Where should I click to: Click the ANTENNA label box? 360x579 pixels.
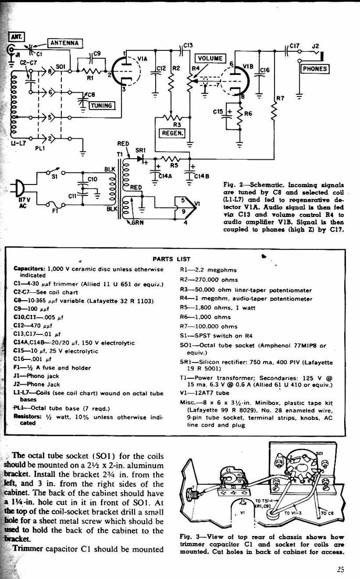tap(64, 43)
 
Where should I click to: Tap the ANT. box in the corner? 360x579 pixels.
tap(14, 37)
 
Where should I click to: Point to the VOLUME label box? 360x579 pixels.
tap(210, 58)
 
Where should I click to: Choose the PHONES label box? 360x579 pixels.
tap(314, 69)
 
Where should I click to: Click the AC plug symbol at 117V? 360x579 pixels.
tap(17, 188)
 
